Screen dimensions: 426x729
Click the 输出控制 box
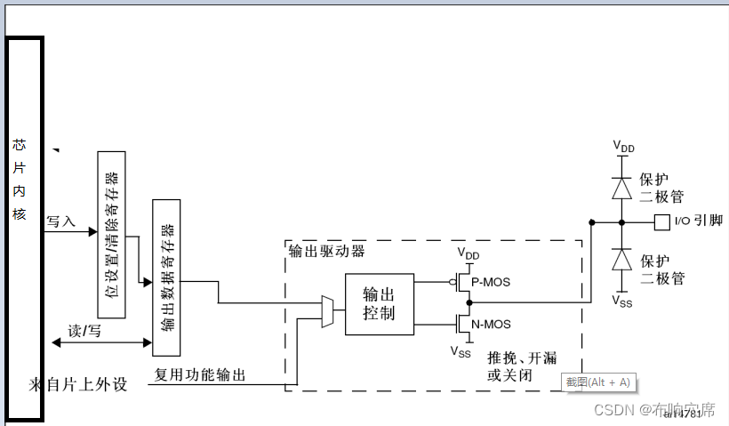(379, 304)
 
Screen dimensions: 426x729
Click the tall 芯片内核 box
(24, 229)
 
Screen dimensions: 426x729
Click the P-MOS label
(491, 282)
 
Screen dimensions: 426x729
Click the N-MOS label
(492, 325)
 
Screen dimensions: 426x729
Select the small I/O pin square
(661, 221)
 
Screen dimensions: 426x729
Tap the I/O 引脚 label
(698, 221)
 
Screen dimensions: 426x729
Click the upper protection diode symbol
(621, 188)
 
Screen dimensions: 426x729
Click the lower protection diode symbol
(621, 259)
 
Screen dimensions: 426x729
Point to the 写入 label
(61, 221)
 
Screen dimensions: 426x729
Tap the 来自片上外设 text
(78, 385)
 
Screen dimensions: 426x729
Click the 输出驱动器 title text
(327, 251)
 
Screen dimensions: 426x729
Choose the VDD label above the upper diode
(623, 146)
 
